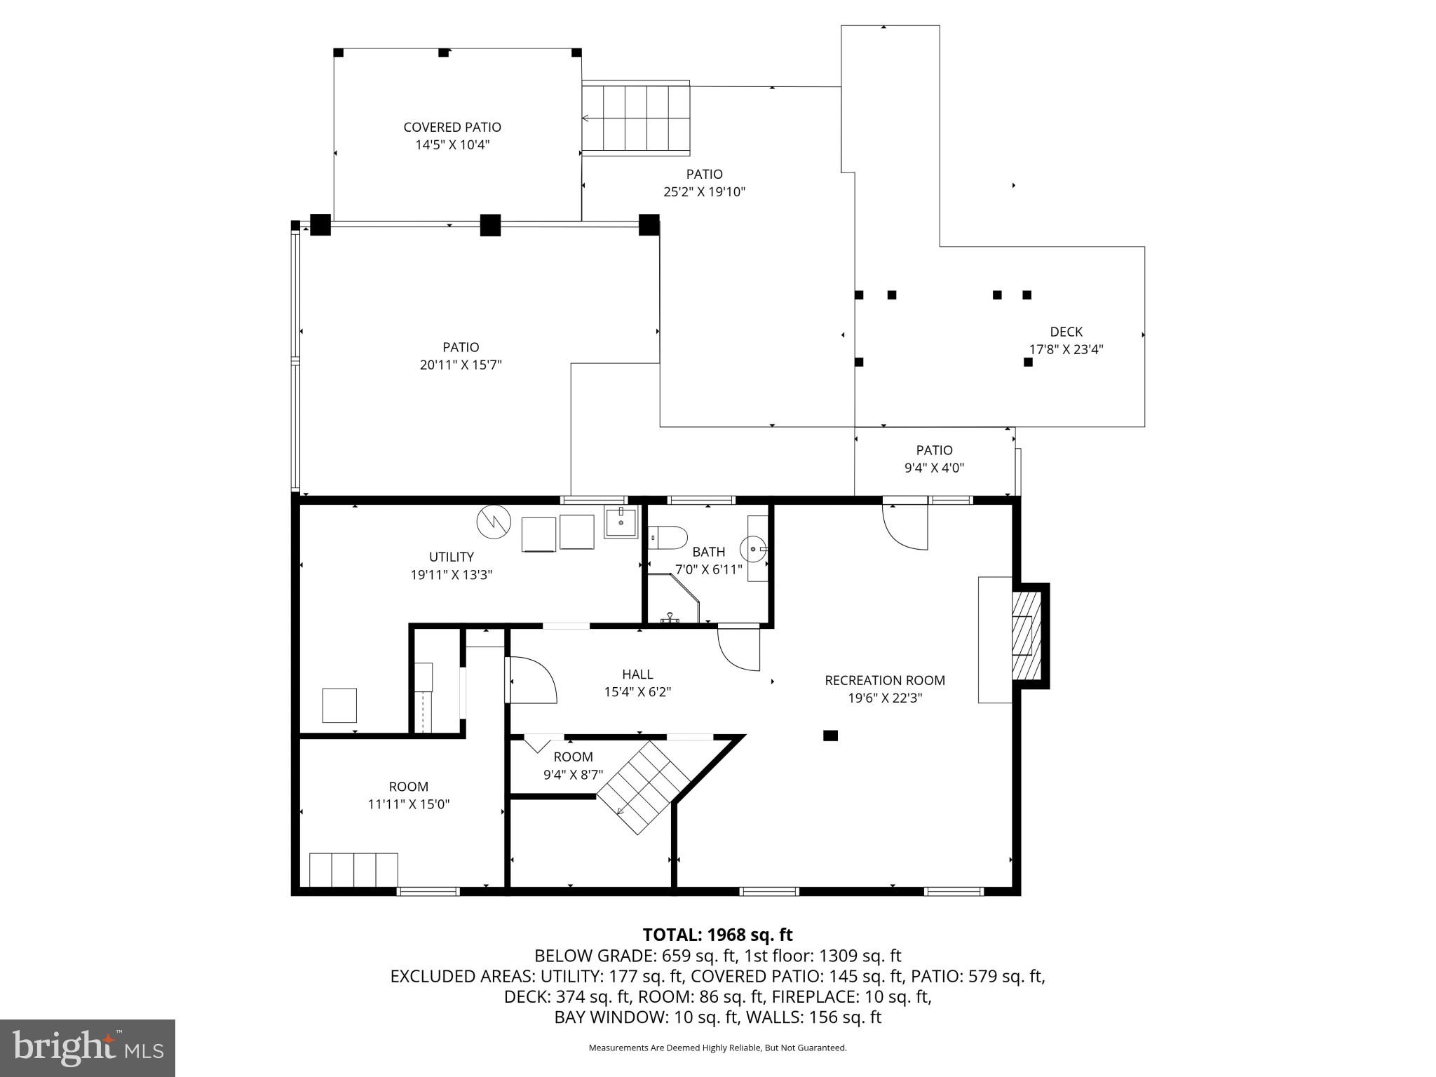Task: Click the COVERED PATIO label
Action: point(452,128)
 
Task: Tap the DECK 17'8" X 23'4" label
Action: point(1066,341)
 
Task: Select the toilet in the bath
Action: point(669,538)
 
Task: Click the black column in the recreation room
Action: point(830,736)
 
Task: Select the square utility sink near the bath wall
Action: point(621,523)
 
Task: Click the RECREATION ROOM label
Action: point(884,680)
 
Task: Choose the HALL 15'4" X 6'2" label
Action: point(637,683)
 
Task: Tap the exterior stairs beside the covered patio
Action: point(636,118)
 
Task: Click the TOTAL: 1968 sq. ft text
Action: point(717,935)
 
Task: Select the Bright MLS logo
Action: point(88,1048)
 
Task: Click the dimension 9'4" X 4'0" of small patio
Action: point(934,468)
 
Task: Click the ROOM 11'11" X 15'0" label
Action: point(408,795)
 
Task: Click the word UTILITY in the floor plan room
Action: point(452,557)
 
